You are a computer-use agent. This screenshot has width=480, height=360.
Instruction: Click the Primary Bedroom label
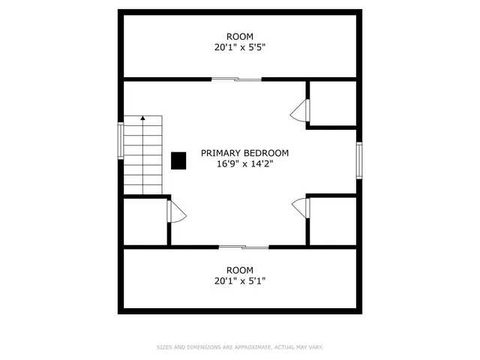244,153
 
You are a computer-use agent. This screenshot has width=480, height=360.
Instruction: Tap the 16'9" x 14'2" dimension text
244,164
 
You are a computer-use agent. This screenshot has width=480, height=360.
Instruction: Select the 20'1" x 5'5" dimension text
240,47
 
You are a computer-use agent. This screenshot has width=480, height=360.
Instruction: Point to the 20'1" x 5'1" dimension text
240,281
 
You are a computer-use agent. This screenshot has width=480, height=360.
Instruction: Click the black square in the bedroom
178,160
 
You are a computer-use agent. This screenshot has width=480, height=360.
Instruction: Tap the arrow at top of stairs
142,118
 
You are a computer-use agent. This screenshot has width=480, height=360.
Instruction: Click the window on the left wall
120,140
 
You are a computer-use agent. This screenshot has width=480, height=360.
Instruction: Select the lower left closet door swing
177,212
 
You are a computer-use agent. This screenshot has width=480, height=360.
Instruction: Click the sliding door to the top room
237,79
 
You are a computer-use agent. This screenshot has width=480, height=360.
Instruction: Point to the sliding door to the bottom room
244,247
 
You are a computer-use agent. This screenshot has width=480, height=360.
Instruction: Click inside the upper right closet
332,103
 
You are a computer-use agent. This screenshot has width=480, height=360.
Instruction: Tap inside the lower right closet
332,220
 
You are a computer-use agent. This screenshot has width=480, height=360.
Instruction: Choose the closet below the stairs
145,221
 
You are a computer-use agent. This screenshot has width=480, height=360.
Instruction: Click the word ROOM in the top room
240,36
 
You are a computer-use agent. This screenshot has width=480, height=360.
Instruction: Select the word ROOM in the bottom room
240,270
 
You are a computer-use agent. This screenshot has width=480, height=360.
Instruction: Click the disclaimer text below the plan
240,347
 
